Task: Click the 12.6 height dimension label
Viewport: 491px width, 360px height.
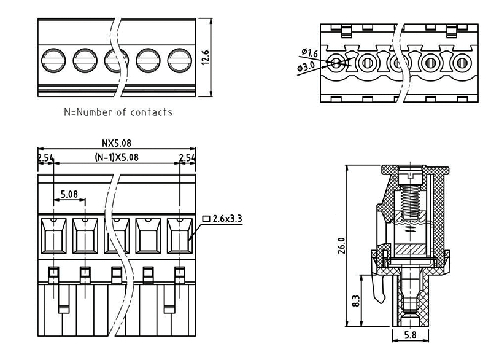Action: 206,57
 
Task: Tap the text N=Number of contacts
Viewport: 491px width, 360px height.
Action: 118,112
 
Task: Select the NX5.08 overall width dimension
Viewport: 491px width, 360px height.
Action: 117,143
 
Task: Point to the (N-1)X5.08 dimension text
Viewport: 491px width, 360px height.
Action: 117,157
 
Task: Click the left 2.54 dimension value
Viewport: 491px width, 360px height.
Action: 45,158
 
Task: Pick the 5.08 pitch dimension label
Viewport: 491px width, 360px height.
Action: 69,194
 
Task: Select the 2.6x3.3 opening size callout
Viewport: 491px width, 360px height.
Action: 226,218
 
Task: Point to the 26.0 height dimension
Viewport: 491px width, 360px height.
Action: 341,246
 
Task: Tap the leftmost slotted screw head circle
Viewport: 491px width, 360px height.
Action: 53,60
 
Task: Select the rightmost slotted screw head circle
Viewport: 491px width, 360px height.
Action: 180,60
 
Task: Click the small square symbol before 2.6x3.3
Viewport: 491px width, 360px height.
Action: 206,218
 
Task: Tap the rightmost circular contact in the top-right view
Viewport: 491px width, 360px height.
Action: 462,62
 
